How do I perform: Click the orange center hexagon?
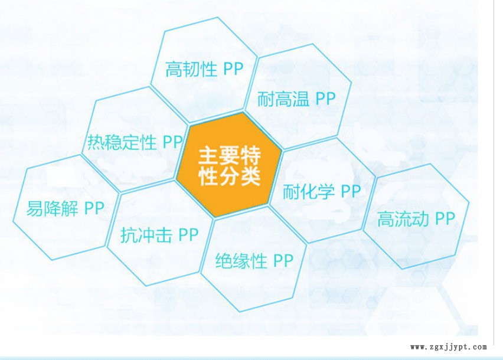point(229,165)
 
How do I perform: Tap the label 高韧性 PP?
point(204,69)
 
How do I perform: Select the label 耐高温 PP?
point(296,99)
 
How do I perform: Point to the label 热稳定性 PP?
point(135,142)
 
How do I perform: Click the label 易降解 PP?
point(65,208)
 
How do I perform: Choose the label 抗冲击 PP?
point(159,235)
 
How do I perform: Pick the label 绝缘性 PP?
point(254,261)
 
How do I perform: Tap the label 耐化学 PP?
point(322,191)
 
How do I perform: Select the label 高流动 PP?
point(416,219)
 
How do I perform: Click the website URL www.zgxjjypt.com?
point(449,347)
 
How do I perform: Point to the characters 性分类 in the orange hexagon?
point(230,176)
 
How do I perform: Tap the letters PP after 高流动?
point(445,218)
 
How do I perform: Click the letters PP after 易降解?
point(94,208)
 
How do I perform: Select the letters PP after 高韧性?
point(233,69)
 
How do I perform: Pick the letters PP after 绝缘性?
point(283,260)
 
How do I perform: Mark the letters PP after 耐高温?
point(325,99)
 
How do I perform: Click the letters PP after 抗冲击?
point(188,235)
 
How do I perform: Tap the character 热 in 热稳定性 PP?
point(96,142)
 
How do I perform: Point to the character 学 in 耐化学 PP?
point(326,191)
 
